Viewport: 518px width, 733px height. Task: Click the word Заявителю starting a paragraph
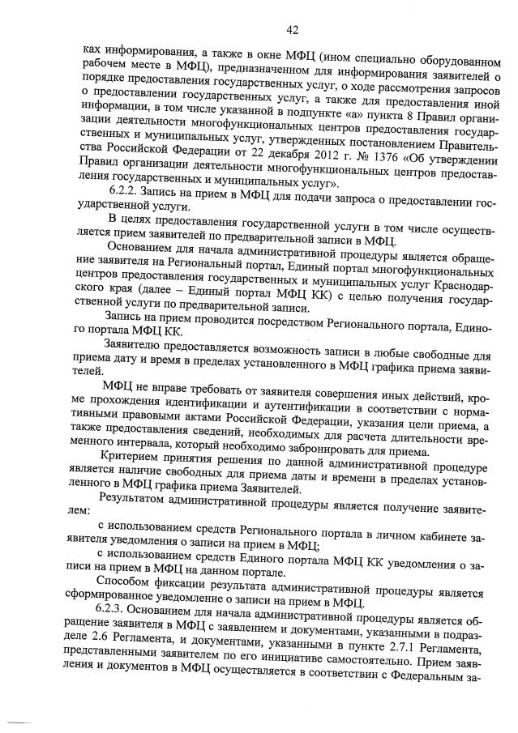point(135,345)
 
